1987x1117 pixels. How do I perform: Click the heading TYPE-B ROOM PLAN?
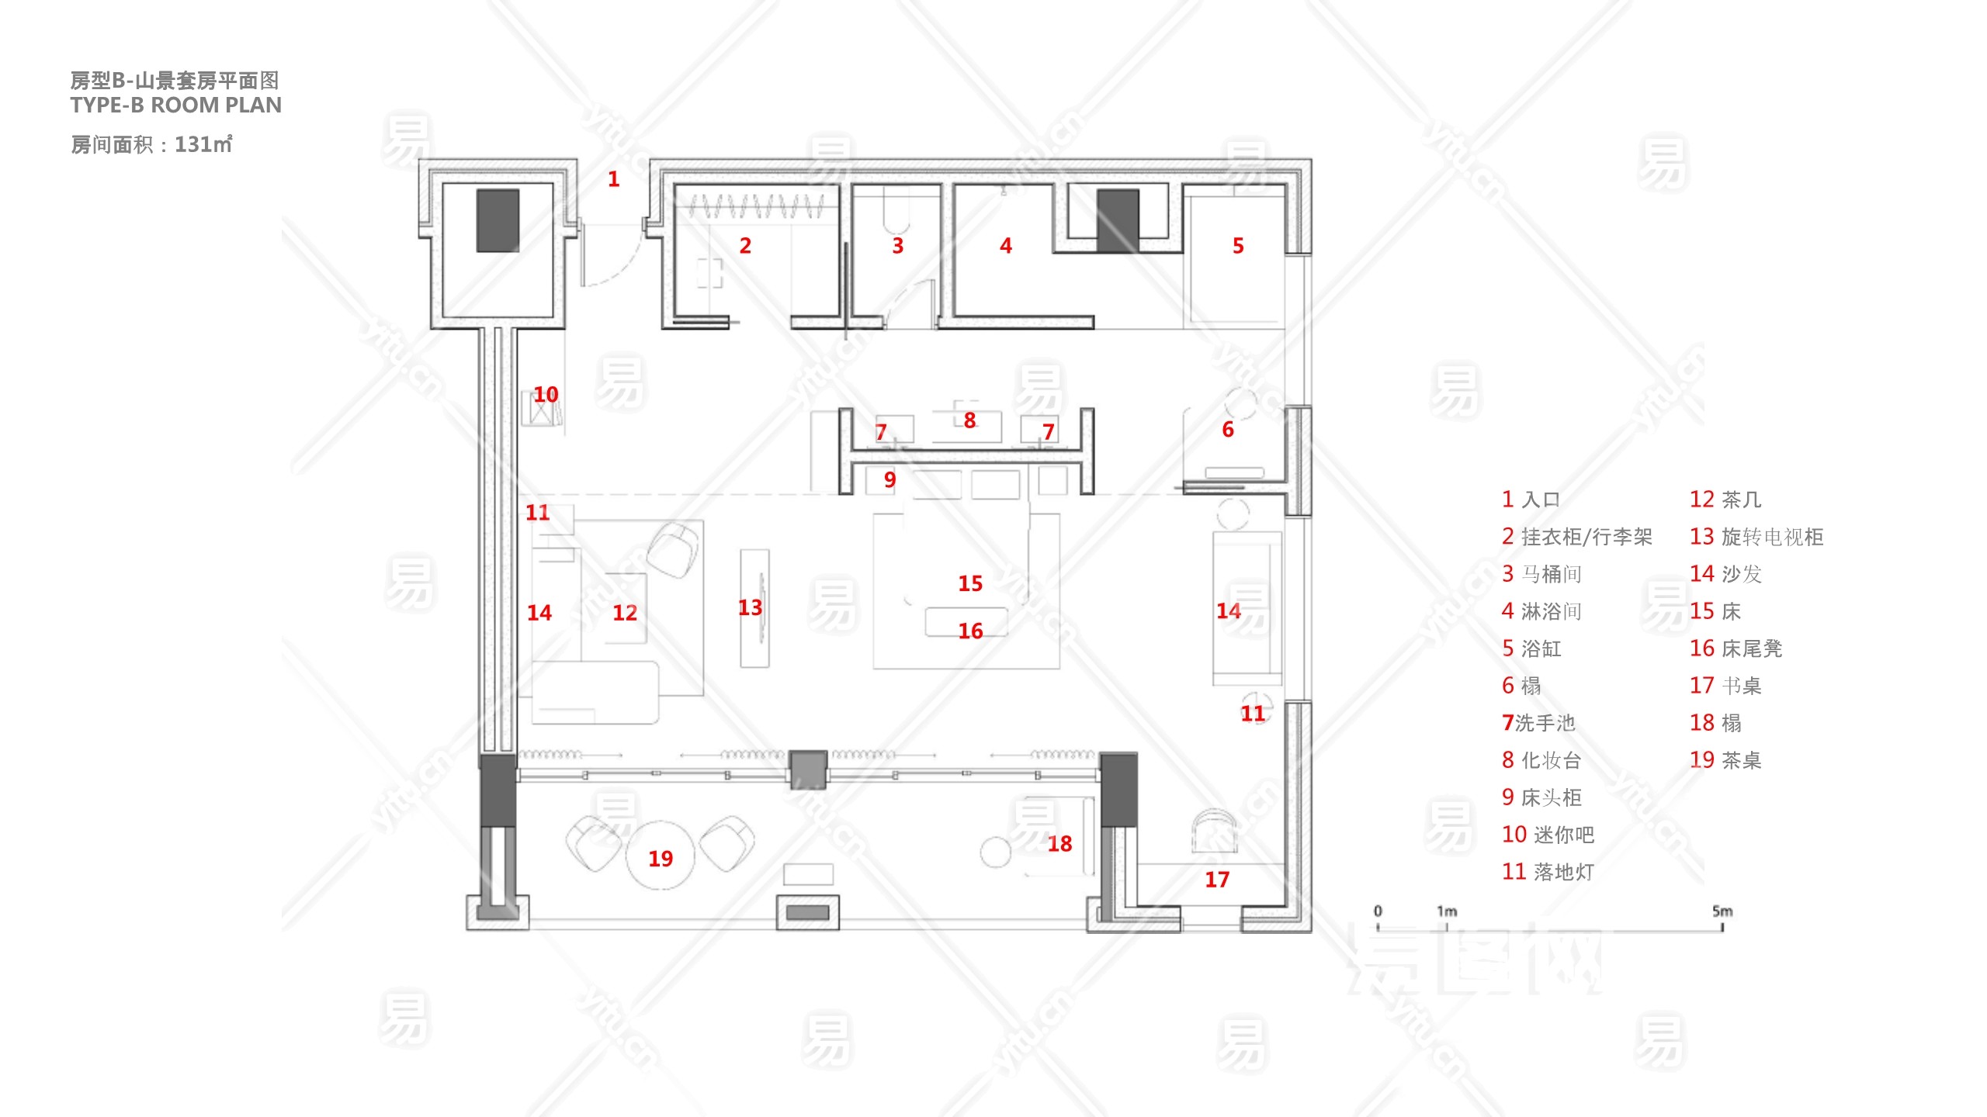click(176, 105)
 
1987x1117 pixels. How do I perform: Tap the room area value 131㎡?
click(203, 144)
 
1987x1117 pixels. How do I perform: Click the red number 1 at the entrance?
click(613, 179)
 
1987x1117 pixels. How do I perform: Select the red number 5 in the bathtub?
click(1238, 246)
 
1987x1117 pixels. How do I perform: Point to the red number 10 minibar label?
click(546, 395)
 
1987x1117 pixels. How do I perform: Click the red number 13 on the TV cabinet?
click(750, 607)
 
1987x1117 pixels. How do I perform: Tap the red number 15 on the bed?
click(970, 583)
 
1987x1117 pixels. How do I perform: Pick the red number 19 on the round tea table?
click(661, 859)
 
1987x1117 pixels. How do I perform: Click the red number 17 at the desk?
click(1217, 880)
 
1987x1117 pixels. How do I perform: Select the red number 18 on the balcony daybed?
click(1059, 844)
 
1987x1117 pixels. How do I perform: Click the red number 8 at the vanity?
click(969, 420)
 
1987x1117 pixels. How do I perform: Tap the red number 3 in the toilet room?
click(898, 246)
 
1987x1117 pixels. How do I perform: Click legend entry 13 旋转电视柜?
click(1756, 537)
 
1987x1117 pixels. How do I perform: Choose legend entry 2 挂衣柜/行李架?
click(1576, 537)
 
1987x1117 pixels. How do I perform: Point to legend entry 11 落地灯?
click(1548, 872)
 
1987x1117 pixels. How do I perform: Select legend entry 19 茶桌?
click(1725, 760)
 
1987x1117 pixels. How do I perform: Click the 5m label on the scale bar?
click(1722, 911)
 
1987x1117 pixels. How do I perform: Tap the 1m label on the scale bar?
click(1447, 911)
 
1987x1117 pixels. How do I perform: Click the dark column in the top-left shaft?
click(498, 220)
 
